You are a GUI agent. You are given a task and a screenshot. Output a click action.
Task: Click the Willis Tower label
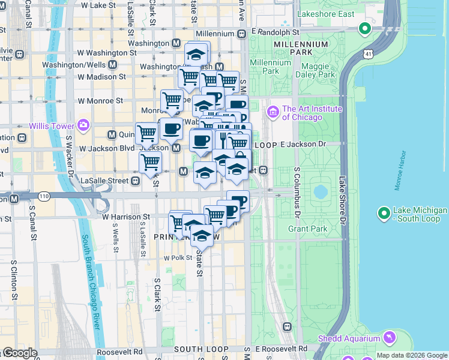[52, 126]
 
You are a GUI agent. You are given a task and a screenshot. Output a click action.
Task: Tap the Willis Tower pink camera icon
[83, 125]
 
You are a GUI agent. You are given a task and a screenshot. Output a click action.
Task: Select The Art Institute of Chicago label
[312, 113]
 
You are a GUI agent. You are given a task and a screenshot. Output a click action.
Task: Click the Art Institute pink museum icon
[273, 112]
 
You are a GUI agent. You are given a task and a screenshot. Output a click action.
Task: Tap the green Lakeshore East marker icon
[364, 28]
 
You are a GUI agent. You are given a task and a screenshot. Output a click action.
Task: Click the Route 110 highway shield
[44, 196]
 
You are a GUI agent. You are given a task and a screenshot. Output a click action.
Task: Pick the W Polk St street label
[177, 258]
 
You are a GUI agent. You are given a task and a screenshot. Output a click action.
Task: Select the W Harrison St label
[126, 217]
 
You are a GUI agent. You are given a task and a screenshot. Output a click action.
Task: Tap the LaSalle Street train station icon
[136, 180]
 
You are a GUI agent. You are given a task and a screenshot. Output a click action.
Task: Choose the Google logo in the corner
[20, 353]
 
